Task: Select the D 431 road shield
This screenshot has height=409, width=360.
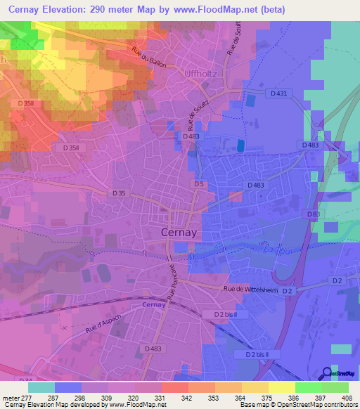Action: (279, 93)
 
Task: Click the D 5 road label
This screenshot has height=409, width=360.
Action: (200, 184)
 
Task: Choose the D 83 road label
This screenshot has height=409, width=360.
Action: (313, 214)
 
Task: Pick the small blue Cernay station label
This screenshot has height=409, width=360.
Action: (153, 305)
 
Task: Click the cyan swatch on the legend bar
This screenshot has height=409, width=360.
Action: (41, 387)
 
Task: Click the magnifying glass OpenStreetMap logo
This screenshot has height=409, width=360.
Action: (326, 373)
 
